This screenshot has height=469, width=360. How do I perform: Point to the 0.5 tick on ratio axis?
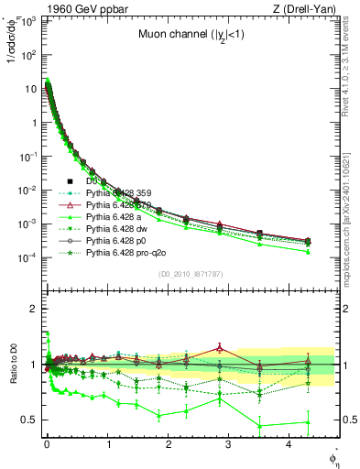(x=29, y=420)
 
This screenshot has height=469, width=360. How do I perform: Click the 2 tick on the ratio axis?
(x=33, y=309)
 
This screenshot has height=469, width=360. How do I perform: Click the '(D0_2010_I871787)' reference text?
(x=190, y=274)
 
